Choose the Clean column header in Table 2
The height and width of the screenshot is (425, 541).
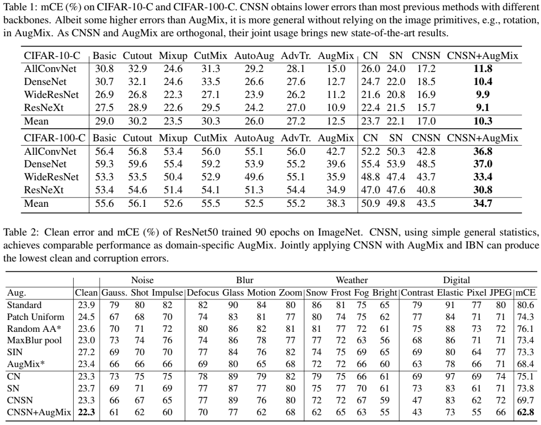click(86, 293)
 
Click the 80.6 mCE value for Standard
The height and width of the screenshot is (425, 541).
click(526, 305)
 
